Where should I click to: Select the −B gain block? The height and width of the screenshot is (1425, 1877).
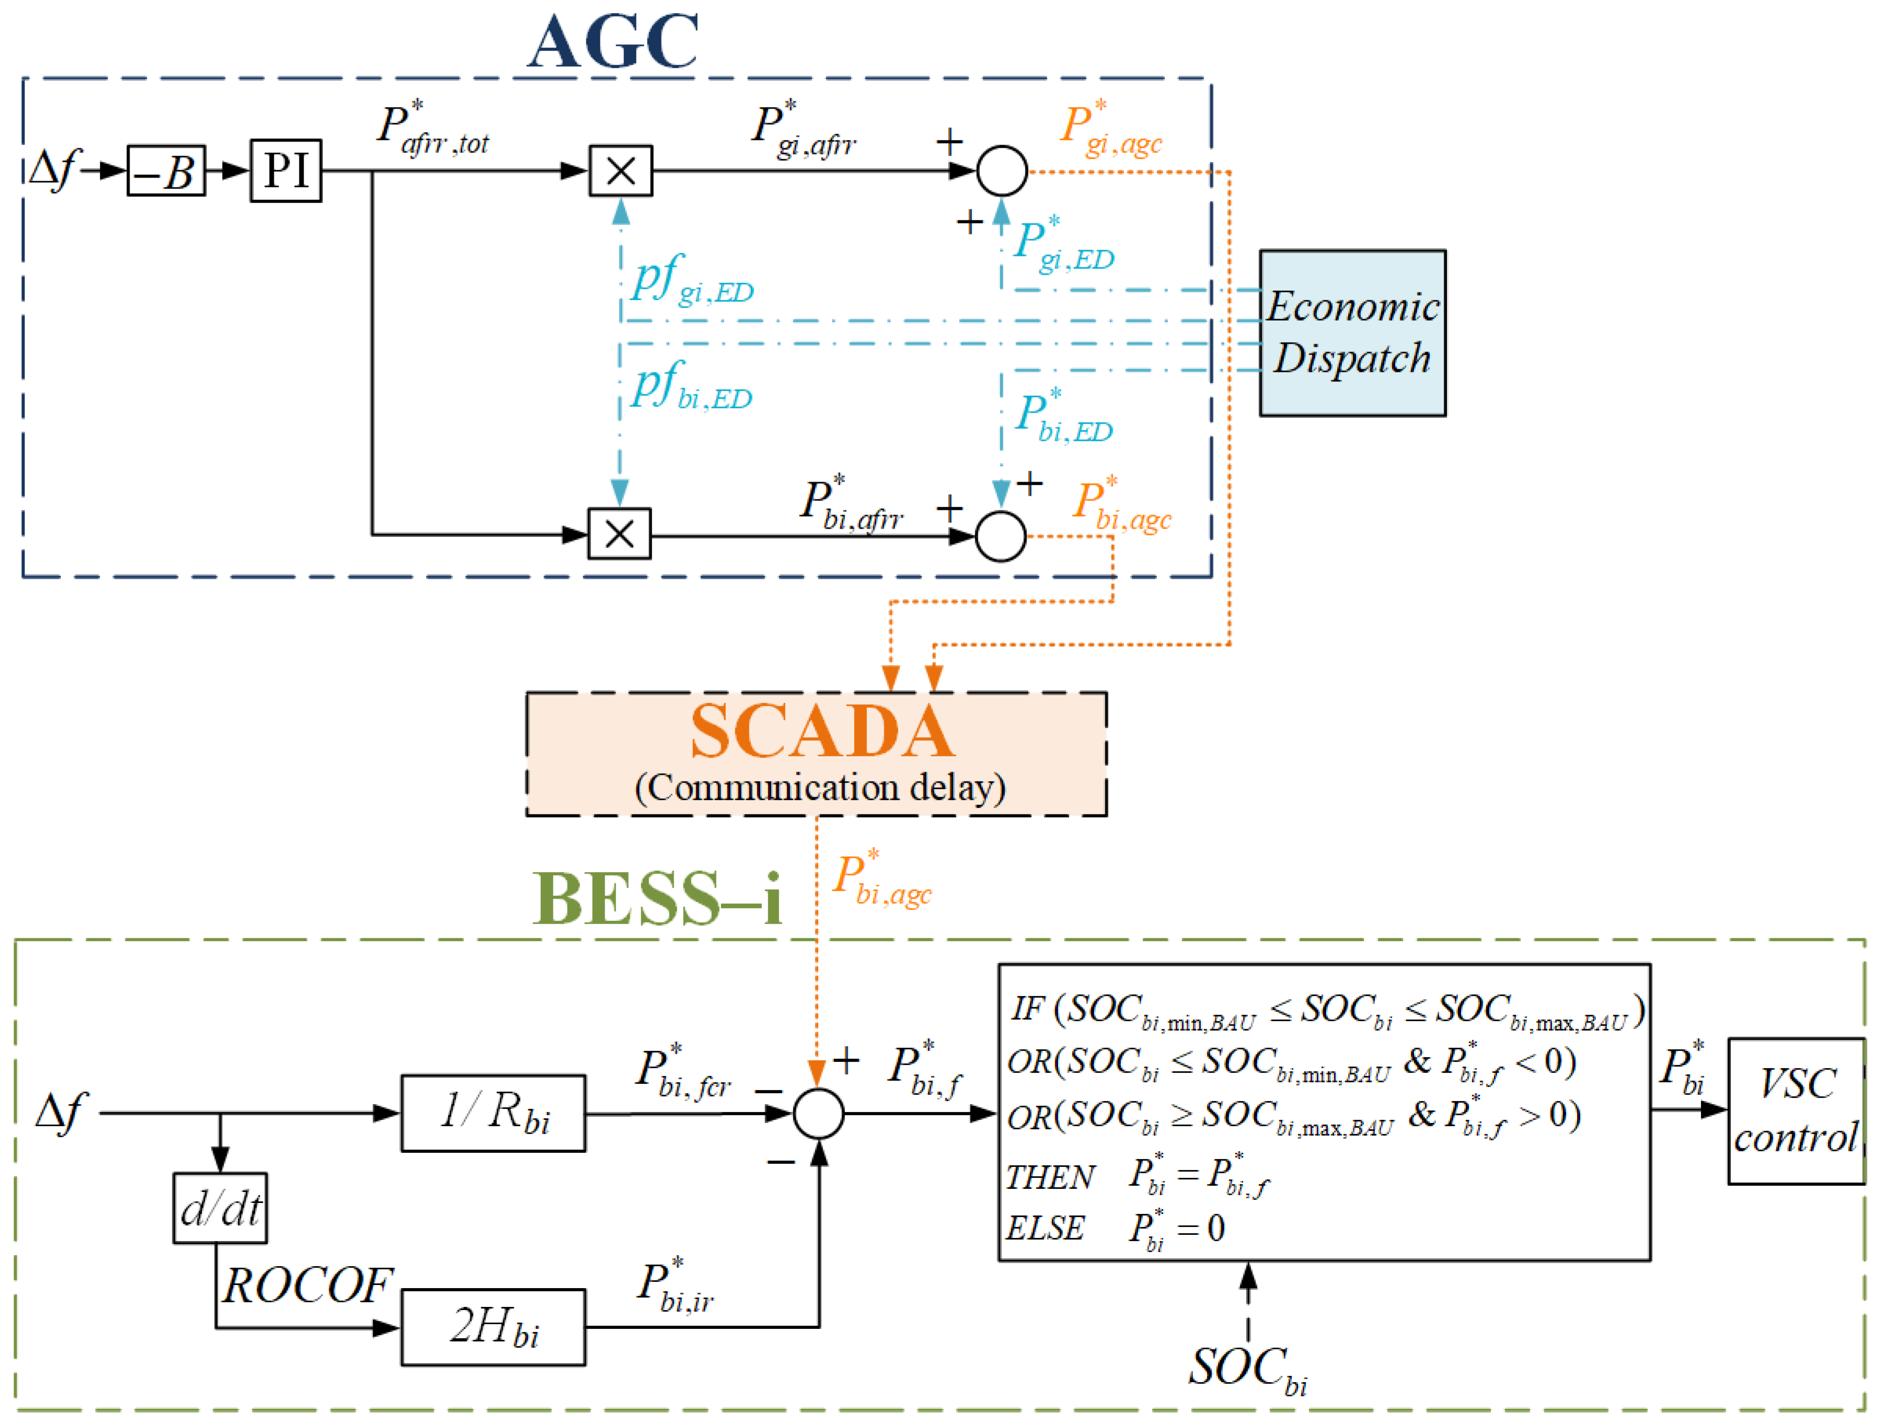tap(166, 170)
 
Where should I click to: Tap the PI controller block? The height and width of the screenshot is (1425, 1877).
tap(286, 170)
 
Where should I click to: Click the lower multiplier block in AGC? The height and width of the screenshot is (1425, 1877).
tap(619, 534)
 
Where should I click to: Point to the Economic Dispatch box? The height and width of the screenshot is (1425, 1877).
tap(1352, 333)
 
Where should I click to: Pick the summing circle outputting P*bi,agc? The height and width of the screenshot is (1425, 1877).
tap(1001, 536)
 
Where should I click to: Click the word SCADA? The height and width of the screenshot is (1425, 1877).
tap(821, 731)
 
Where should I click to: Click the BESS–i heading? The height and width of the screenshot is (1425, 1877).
tap(657, 899)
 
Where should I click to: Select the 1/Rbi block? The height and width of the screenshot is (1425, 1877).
tap(493, 1113)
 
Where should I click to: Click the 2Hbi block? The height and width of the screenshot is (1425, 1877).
tap(493, 1327)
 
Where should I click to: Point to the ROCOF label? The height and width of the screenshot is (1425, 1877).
tap(307, 1287)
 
